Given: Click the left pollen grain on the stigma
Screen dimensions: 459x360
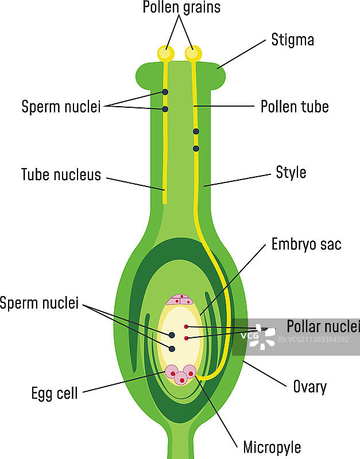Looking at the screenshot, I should pyautogui.click(x=166, y=53).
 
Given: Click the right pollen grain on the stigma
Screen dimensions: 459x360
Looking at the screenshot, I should pyautogui.click(x=193, y=53).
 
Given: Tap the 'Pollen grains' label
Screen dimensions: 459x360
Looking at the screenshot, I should pyautogui.click(x=181, y=8).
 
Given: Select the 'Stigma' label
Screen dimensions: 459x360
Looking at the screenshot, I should pyautogui.click(x=292, y=40).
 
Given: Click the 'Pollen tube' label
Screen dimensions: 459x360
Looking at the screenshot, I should pyautogui.click(x=295, y=107).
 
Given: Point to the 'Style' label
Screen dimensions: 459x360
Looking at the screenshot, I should pyautogui.click(x=291, y=173).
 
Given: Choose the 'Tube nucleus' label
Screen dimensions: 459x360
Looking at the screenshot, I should pyautogui.click(x=61, y=174).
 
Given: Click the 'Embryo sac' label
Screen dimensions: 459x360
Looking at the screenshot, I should pyautogui.click(x=307, y=244).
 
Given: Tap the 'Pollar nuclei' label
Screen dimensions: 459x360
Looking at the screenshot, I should pyautogui.click(x=323, y=326).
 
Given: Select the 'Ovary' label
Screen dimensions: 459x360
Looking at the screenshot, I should pyautogui.click(x=309, y=387).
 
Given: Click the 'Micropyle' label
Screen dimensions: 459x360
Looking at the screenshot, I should pyautogui.click(x=272, y=447).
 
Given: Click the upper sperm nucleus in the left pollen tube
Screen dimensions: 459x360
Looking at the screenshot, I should pyautogui.click(x=165, y=92).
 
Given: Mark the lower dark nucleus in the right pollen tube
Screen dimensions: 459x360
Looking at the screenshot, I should pyautogui.click(x=196, y=149).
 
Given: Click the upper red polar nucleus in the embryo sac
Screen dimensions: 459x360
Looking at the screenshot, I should pyautogui.click(x=186, y=327).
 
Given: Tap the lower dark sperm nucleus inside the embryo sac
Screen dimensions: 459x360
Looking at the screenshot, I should pyautogui.click(x=172, y=348).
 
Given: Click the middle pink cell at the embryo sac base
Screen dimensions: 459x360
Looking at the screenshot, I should pyautogui.click(x=181, y=378).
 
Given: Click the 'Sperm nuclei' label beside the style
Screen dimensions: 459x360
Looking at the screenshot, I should pyautogui.click(x=61, y=107).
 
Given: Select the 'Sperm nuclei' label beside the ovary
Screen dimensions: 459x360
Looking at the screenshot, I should pyautogui.click(x=39, y=304).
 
